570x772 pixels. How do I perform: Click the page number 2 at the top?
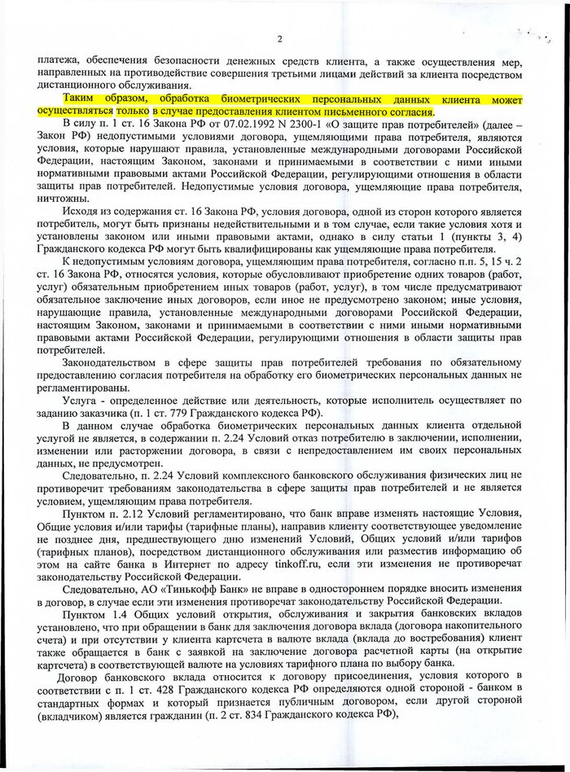click(279, 38)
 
